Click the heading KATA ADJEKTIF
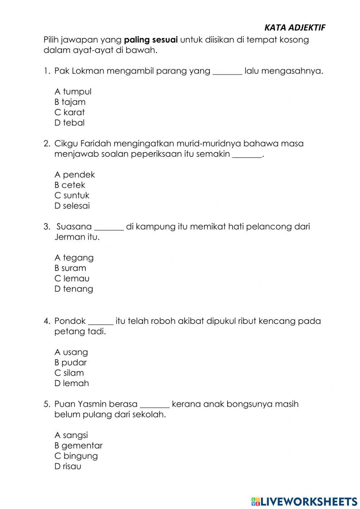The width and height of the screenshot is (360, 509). pos(294,28)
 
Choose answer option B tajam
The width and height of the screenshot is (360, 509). pos(70,102)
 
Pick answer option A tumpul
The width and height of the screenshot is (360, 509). pos(73,91)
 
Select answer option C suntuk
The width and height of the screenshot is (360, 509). pos(72,195)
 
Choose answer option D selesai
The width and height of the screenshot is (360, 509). pos(72,206)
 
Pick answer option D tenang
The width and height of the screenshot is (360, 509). pos(73,289)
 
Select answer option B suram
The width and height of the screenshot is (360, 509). pos(70,268)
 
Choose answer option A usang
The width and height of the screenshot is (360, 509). pos(71,352)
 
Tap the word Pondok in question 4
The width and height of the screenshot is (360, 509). pos(70,321)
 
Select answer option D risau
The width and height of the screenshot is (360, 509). pos(68,466)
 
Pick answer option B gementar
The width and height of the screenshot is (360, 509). pos(78,446)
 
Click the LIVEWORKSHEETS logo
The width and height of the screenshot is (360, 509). pos(304,501)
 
